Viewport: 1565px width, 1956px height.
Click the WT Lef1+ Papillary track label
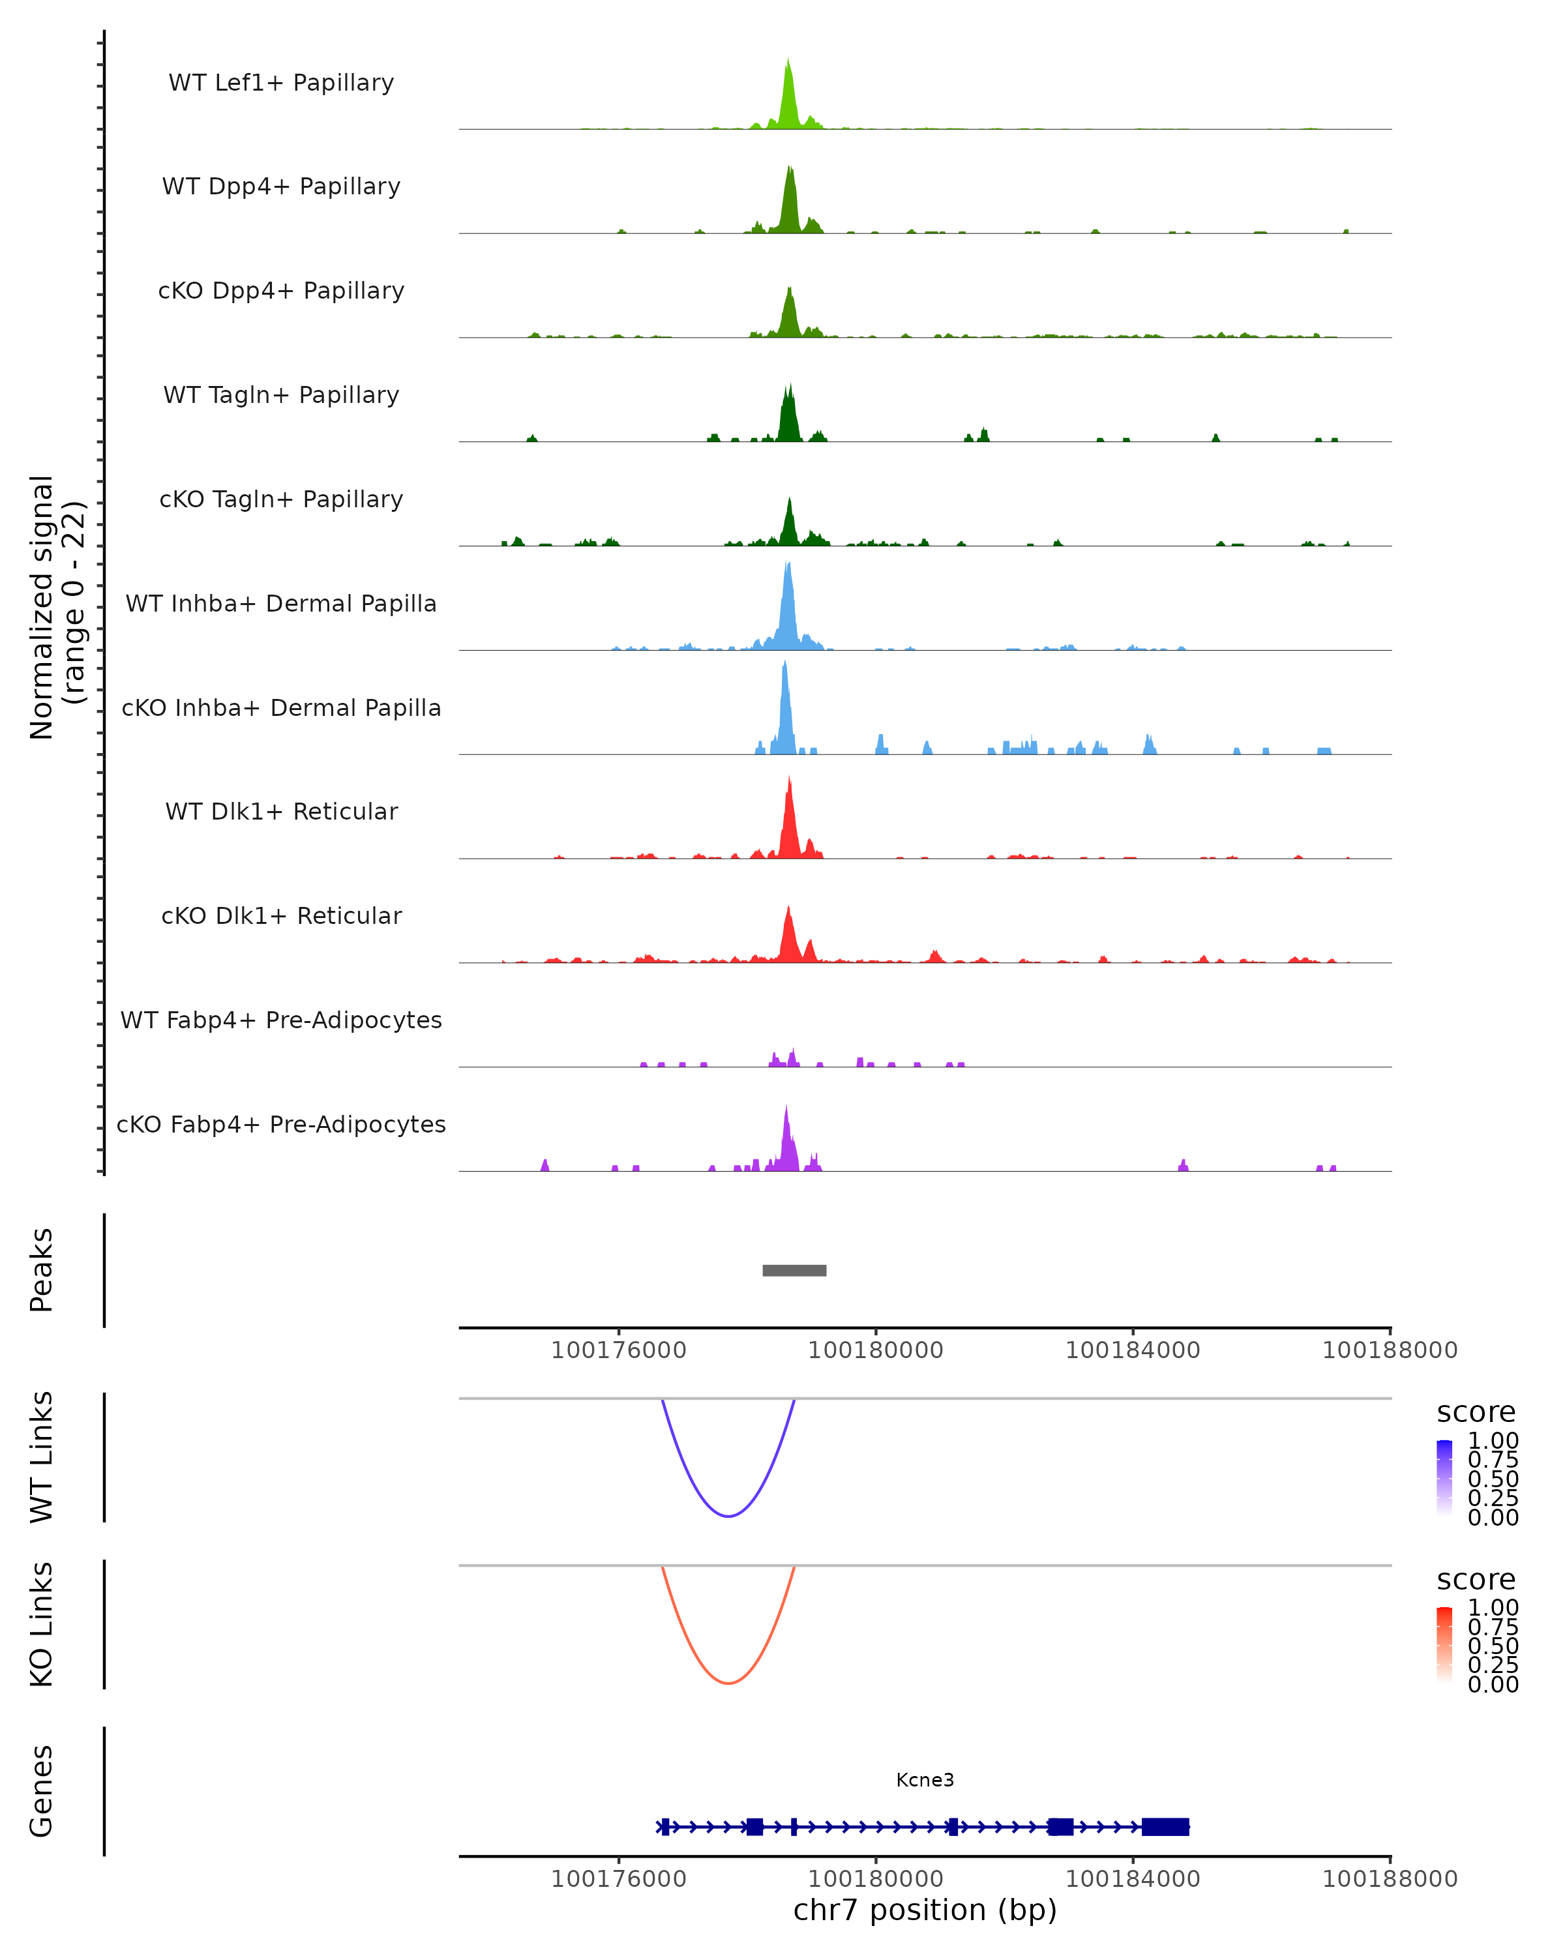click(x=281, y=83)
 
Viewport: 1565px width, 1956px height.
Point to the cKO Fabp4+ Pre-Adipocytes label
click(x=281, y=1124)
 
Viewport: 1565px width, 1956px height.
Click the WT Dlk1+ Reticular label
click(x=281, y=811)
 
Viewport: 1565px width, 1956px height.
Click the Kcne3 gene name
click(x=925, y=1780)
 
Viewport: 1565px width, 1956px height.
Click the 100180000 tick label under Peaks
click(x=876, y=1350)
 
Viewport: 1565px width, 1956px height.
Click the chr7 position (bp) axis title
click(x=925, y=1910)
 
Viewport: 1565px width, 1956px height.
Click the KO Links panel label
click(x=42, y=1624)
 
